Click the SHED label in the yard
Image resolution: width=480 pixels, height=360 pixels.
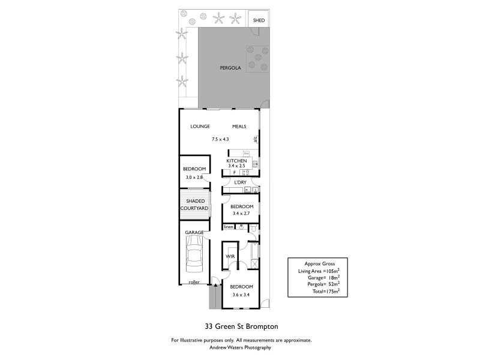point(259,20)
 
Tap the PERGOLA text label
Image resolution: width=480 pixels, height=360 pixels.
point(230,68)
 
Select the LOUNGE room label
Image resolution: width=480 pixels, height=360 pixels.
point(200,127)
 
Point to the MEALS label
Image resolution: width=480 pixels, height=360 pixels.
point(239,127)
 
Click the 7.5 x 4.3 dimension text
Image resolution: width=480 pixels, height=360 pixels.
point(220,139)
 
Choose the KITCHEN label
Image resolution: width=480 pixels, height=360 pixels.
point(236,161)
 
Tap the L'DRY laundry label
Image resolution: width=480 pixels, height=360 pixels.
point(241,182)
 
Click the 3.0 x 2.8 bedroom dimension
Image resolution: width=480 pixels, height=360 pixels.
point(194,178)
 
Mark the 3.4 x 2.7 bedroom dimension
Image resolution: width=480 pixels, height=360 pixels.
point(242,213)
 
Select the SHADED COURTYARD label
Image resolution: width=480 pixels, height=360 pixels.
point(194,205)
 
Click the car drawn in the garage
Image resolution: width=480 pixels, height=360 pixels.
point(194,254)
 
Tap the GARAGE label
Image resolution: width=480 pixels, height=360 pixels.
point(194,232)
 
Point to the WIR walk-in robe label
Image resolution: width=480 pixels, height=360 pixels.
point(230,256)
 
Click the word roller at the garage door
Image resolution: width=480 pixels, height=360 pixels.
point(193,281)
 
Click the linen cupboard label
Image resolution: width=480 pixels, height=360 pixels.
point(229,227)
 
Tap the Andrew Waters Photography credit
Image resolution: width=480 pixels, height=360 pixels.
point(241,347)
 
